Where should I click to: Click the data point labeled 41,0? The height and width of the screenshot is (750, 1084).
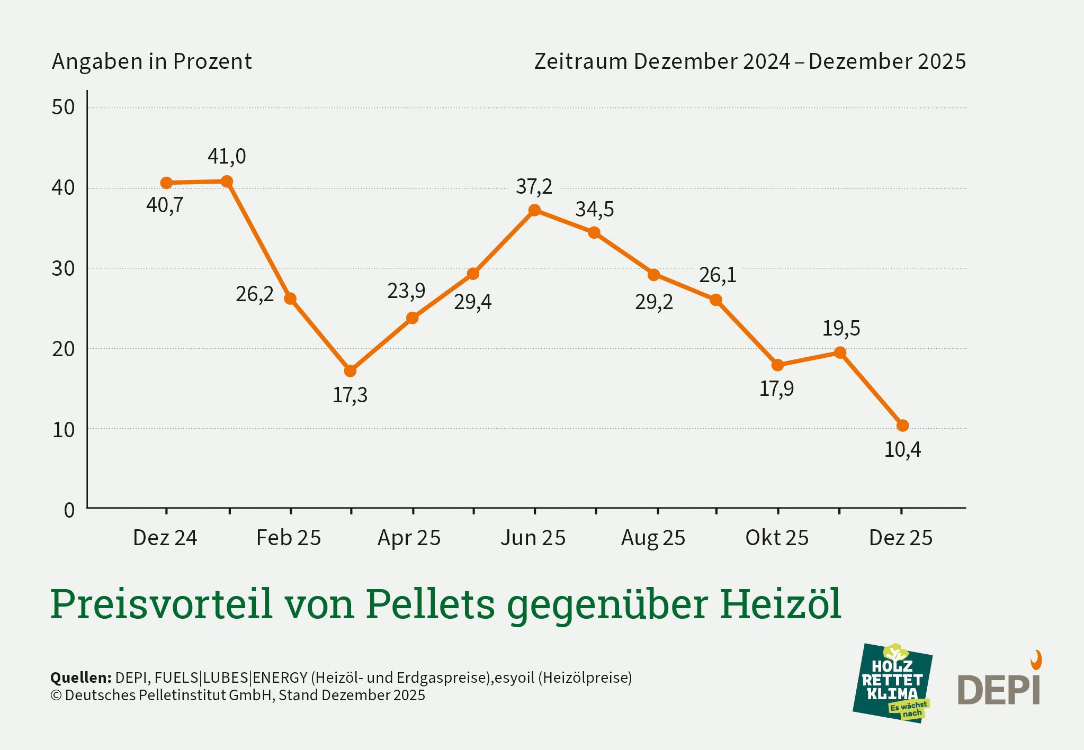click(x=227, y=182)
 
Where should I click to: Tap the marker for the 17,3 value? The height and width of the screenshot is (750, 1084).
click(x=350, y=371)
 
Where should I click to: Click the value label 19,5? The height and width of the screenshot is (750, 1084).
click(x=841, y=329)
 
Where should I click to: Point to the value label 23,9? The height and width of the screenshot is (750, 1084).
click(x=406, y=291)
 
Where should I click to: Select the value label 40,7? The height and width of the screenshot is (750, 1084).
click(x=165, y=205)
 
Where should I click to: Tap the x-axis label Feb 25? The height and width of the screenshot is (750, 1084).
click(x=289, y=538)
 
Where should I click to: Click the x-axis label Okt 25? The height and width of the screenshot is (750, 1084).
click(x=777, y=538)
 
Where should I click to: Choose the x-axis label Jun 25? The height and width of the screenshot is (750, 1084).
click(x=533, y=538)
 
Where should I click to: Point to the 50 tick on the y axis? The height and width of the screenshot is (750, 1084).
click(x=64, y=107)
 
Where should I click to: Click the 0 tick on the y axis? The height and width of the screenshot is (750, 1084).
click(x=69, y=510)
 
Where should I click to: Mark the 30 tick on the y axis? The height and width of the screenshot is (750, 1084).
click(x=64, y=269)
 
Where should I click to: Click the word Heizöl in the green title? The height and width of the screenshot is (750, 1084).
click(x=780, y=603)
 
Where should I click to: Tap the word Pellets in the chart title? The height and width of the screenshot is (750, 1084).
click(x=430, y=603)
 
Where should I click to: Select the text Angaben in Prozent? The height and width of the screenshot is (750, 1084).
click(x=151, y=61)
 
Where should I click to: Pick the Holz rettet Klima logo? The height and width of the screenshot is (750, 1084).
click(x=893, y=683)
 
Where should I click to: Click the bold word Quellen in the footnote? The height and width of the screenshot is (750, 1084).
click(x=80, y=677)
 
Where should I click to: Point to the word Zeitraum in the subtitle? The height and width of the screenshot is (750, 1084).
click(x=581, y=61)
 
